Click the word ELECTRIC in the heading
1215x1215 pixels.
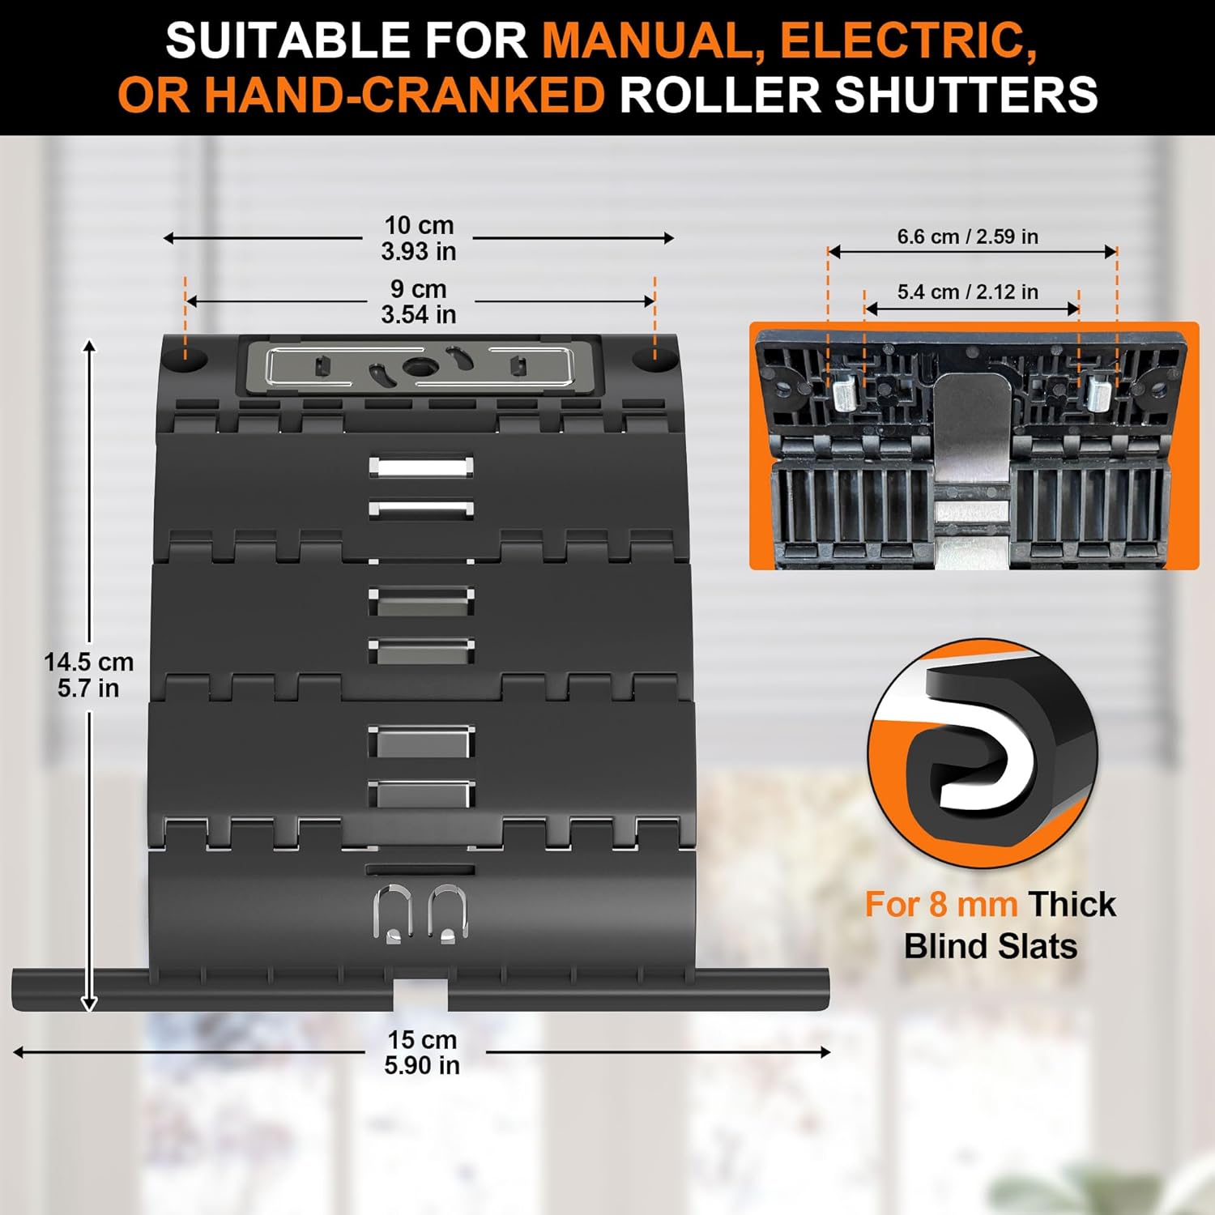(908, 40)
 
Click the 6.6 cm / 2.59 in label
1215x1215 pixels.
(967, 237)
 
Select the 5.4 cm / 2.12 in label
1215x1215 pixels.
(967, 292)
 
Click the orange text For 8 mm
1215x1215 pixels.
(940, 904)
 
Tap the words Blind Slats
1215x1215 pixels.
(990, 946)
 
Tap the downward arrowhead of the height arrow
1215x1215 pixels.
(89, 1004)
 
